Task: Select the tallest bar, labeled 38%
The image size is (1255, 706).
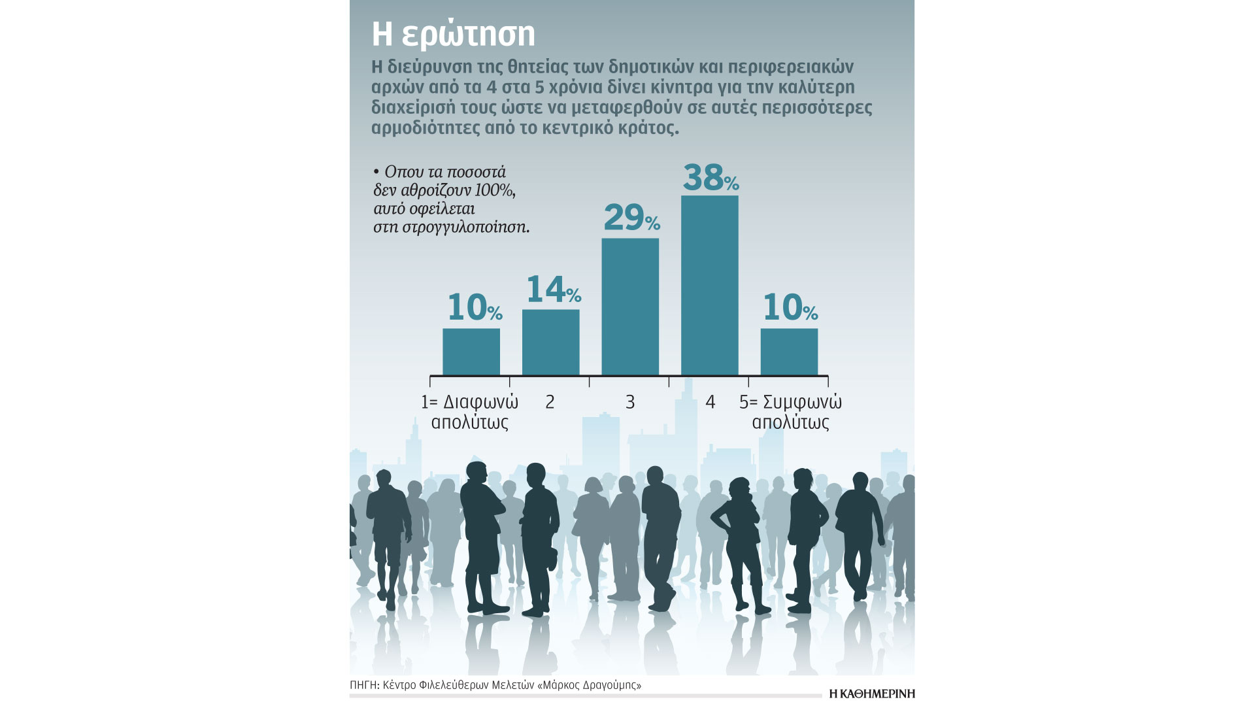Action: point(710,285)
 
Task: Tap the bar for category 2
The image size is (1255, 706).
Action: point(550,342)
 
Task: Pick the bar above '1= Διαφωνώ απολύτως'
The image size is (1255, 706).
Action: point(471,352)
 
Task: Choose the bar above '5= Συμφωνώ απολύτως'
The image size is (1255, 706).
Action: point(789,352)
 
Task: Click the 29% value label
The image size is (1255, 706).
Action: point(631,218)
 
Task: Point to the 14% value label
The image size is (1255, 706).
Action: point(553,290)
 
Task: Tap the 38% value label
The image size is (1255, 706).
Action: point(711,177)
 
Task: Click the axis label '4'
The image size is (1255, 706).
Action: point(711,402)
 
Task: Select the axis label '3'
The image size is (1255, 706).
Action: point(630,402)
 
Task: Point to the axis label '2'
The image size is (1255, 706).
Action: point(550,402)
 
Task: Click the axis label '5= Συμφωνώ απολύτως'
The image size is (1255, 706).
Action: point(790,412)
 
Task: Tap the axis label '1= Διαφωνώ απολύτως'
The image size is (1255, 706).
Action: point(470,412)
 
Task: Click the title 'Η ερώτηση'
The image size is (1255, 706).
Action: point(453,34)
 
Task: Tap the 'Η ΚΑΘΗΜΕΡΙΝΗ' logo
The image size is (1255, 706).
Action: point(871,694)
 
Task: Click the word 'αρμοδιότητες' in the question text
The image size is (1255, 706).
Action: point(424,128)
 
